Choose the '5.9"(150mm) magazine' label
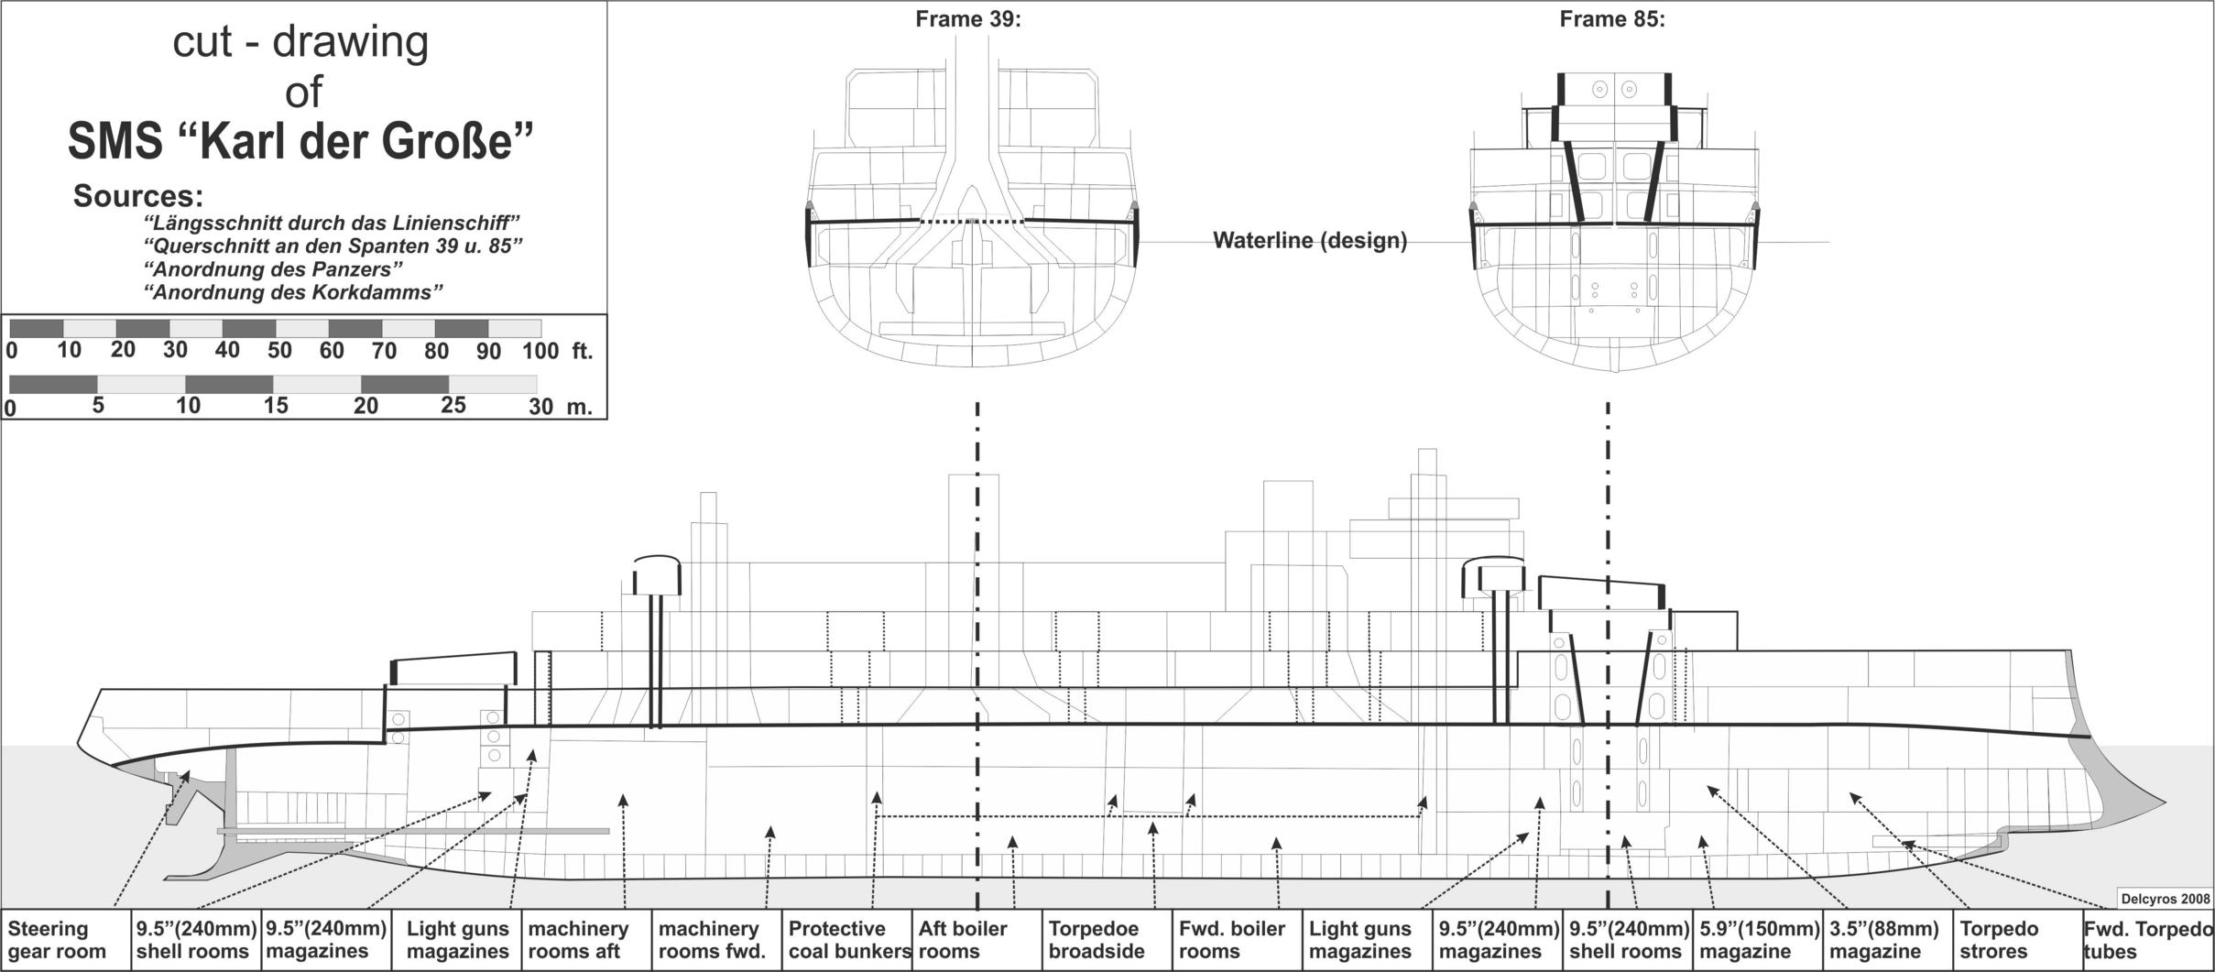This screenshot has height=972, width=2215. (1757, 940)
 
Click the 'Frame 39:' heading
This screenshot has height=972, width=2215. (968, 19)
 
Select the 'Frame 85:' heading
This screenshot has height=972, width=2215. (1612, 19)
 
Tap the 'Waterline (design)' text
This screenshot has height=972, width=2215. (1310, 241)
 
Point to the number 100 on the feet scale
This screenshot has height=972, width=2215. (540, 351)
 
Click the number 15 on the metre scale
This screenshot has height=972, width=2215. (276, 406)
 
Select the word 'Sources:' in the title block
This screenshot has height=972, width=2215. (138, 196)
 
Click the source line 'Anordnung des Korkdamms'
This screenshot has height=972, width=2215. (294, 292)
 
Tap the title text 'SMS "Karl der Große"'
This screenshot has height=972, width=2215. (300, 141)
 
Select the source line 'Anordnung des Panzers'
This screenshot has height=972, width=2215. (274, 269)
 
